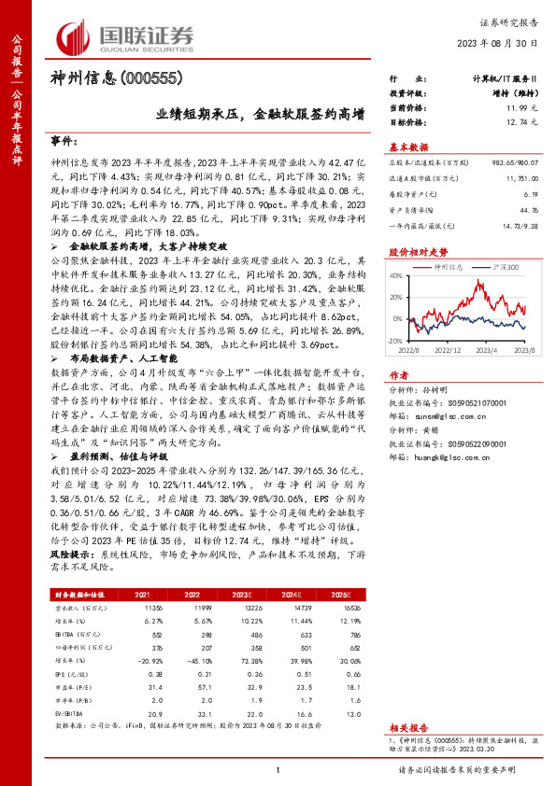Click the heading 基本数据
click(408, 148)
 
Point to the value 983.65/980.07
click(518, 163)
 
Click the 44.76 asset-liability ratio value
click(529, 210)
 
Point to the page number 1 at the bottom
click(278, 770)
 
